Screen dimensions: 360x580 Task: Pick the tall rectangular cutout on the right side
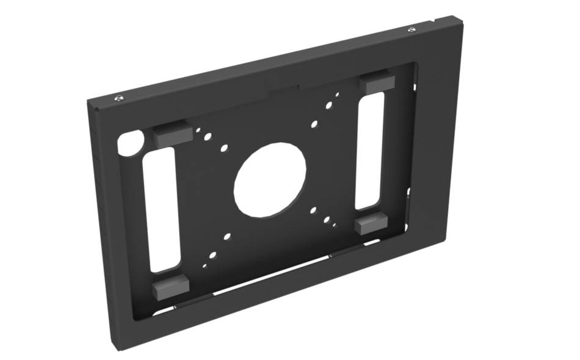[x=370, y=149]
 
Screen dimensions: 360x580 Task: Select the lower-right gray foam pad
[x=371, y=224]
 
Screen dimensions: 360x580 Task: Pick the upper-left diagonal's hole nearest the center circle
[x=225, y=148]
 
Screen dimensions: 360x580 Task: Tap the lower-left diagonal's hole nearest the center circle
[x=227, y=236]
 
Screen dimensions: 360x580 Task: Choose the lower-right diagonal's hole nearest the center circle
[x=313, y=210]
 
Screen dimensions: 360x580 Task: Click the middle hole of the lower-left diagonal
[x=213, y=255]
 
